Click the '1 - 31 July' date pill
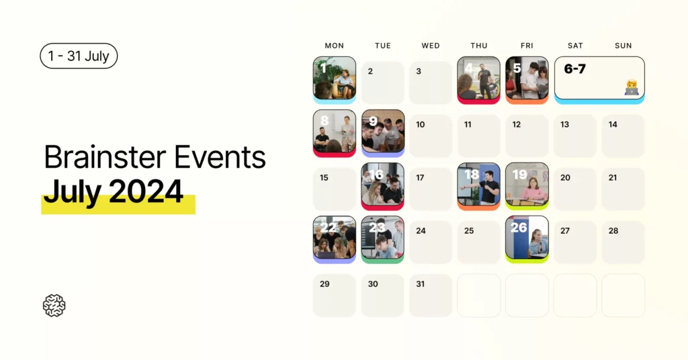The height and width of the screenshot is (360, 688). [x=79, y=56]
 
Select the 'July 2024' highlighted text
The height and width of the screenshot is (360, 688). [x=114, y=192]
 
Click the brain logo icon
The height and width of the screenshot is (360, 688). [x=54, y=306]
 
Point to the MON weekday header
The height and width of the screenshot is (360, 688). [x=334, y=46]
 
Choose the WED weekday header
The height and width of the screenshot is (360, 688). [x=431, y=46]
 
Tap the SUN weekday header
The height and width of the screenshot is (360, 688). [x=623, y=46]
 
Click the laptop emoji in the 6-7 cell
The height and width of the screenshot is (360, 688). [x=631, y=88]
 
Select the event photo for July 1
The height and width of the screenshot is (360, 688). [x=335, y=78]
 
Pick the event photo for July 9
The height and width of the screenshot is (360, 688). [x=383, y=131]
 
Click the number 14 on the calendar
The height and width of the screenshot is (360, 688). [x=613, y=124]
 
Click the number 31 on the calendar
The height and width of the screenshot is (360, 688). [x=421, y=284]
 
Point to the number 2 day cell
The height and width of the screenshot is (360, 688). [x=383, y=82]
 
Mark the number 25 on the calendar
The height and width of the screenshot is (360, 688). [x=469, y=231]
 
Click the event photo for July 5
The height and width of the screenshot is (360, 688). [x=527, y=78]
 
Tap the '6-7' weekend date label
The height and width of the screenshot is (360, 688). [x=574, y=69]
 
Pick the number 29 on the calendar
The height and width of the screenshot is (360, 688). [x=325, y=284]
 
